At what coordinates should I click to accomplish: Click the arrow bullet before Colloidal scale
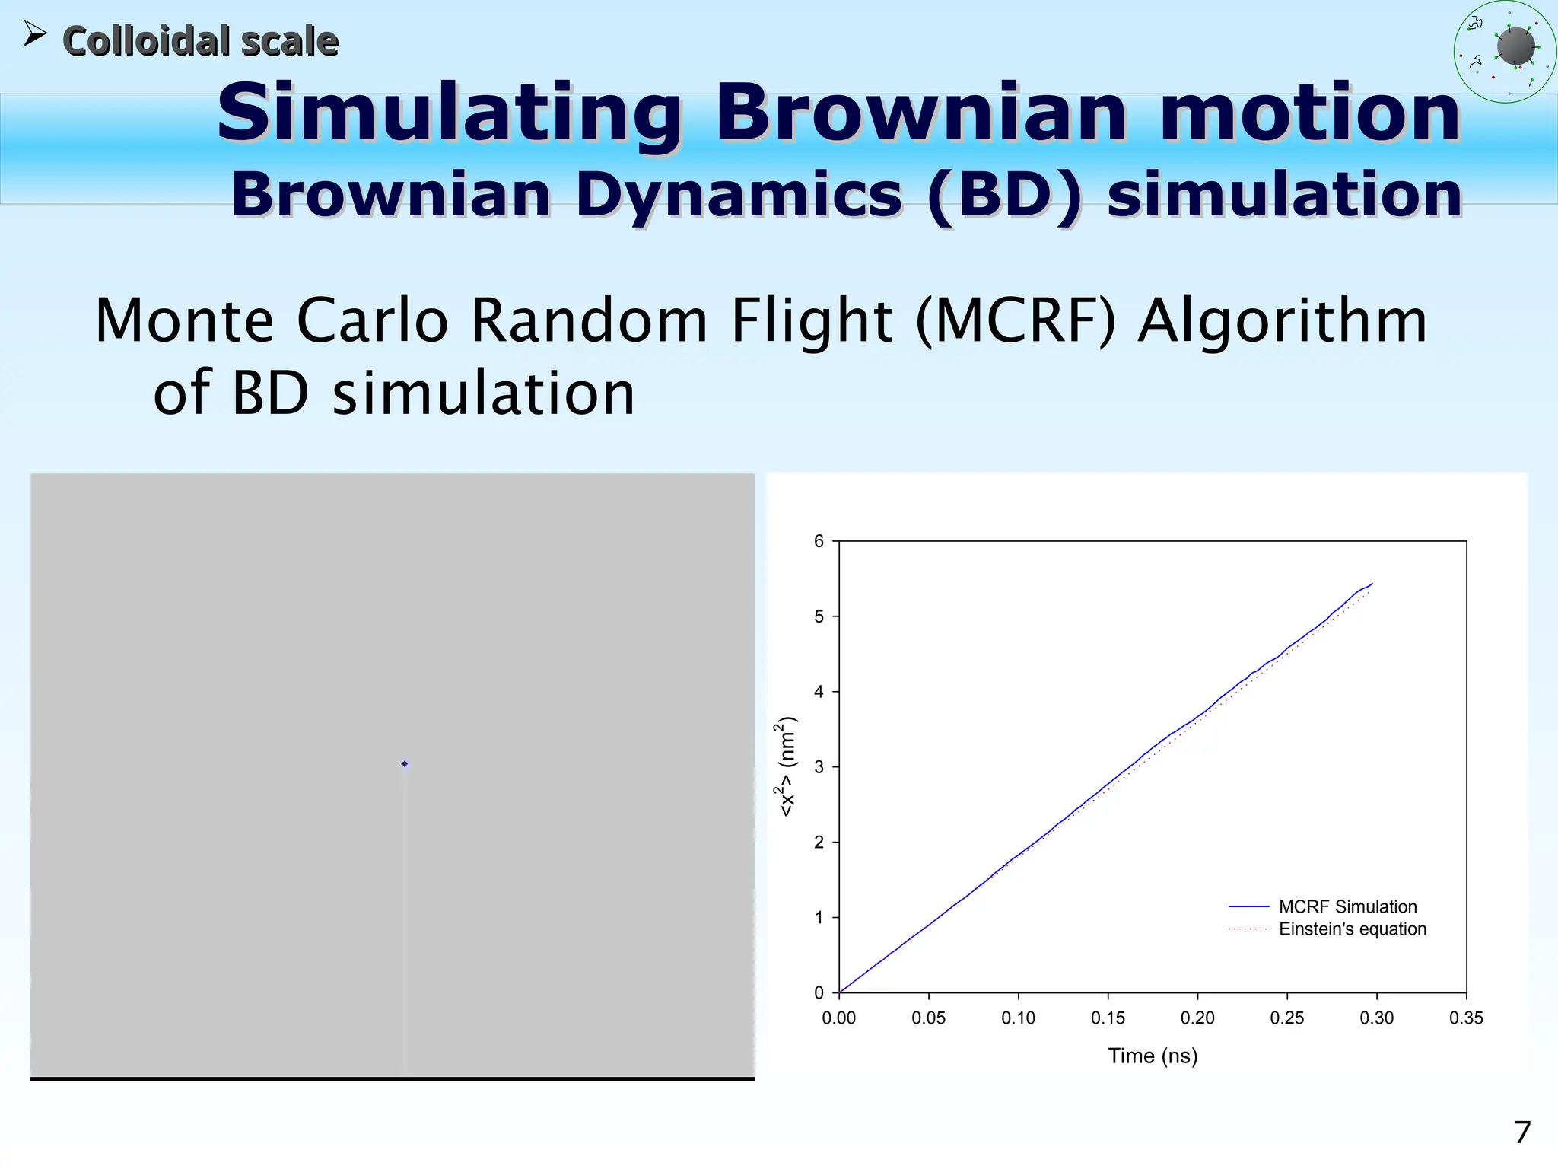point(34,34)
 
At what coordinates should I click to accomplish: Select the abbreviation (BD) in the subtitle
point(1003,195)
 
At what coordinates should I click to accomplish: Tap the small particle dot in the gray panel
point(405,763)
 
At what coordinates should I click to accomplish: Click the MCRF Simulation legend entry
point(1347,906)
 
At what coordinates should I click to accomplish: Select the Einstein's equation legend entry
point(1352,929)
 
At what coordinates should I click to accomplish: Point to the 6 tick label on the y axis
point(819,541)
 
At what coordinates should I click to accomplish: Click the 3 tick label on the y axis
point(819,767)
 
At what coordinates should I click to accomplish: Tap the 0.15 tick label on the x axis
point(1108,1018)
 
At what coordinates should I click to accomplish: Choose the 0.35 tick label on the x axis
point(1466,1018)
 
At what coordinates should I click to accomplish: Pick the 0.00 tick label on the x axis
point(838,1018)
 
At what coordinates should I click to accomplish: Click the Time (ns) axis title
point(1153,1056)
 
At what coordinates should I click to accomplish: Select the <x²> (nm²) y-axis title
point(787,767)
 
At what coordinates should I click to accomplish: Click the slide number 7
point(1521,1132)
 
